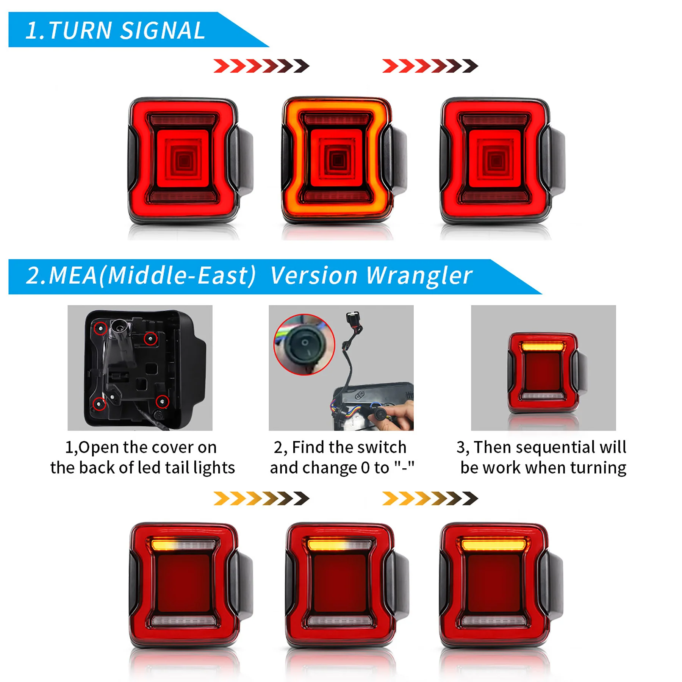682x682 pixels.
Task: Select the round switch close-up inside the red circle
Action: tap(304, 344)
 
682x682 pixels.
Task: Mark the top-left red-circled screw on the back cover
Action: tap(100, 328)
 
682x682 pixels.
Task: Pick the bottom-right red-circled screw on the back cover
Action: tap(163, 401)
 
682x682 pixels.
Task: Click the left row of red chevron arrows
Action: tap(261, 66)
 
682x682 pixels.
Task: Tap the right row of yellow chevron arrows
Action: tap(430, 499)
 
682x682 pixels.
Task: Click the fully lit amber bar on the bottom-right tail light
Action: tap(494, 545)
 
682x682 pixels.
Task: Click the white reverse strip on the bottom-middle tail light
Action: tap(340, 620)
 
